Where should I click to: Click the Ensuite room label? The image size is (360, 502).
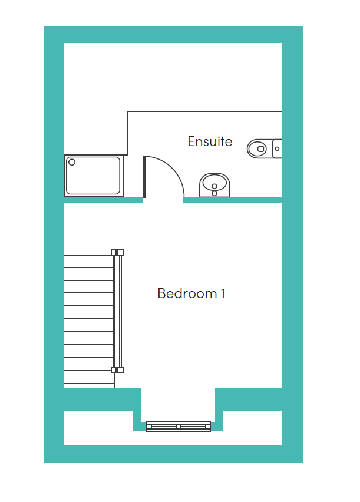(x=210, y=141)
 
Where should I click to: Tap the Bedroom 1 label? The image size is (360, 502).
(x=191, y=293)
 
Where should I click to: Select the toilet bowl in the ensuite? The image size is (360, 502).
(x=257, y=148)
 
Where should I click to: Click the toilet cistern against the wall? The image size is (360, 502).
(x=277, y=148)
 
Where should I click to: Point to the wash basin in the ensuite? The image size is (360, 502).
(x=214, y=186)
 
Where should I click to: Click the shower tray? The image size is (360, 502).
(x=94, y=176)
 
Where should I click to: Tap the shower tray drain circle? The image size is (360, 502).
(x=72, y=162)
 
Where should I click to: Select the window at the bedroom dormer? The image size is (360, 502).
(x=179, y=427)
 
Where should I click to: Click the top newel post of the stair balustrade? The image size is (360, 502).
(x=117, y=252)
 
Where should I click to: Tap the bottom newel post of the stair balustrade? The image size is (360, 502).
(x=117, y=370)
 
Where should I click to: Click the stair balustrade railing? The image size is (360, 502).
(x=117, y=311)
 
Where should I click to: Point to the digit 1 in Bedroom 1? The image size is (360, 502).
(x=223, y=293)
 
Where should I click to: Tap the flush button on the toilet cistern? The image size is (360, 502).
(x=277, y=149)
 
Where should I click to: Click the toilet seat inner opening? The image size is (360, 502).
(x=261, y=149)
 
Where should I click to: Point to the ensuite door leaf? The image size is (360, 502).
(x=144, y=177)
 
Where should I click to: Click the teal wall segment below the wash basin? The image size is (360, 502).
(x=233, y=200)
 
